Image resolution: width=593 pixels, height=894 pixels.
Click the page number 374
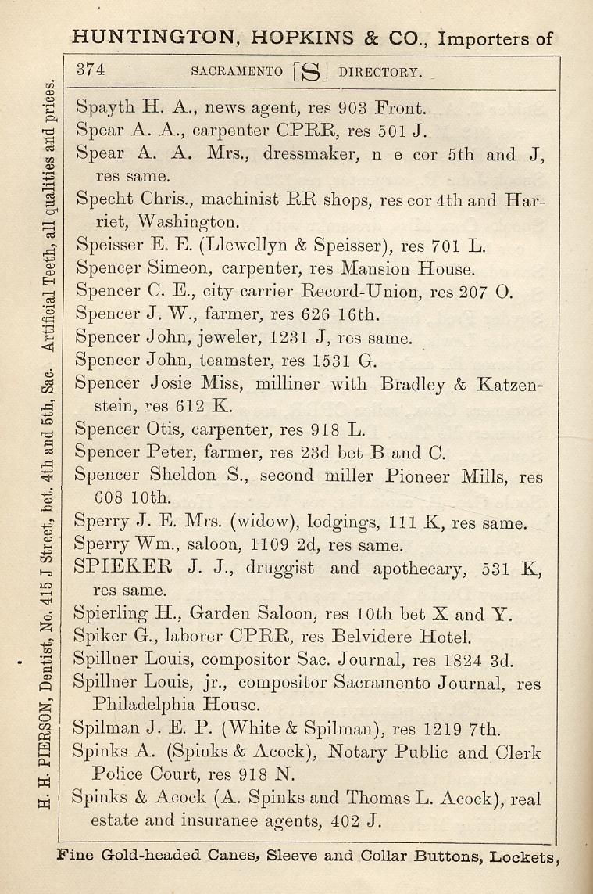[x=91, y=69]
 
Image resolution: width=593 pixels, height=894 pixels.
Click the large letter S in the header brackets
[x=311, y=73]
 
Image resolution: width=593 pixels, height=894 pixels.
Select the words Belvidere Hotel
[x=409, y=637]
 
